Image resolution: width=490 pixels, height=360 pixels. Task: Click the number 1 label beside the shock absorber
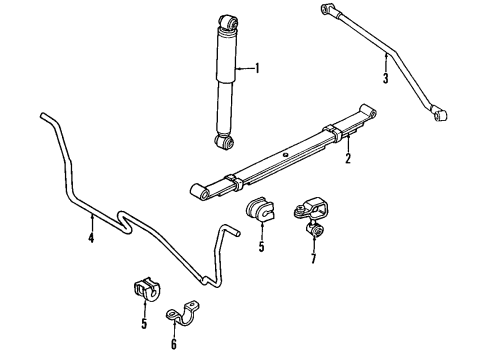coord(257,69)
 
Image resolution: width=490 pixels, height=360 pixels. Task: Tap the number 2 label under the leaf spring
coord(347,158)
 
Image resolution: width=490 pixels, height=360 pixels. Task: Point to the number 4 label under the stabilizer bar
coord(90,237)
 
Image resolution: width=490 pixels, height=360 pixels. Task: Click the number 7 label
coord(312,260)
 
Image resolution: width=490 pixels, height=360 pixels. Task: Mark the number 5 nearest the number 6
coord(143,324)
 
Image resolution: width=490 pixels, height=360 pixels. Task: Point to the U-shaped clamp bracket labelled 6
coord(185,316)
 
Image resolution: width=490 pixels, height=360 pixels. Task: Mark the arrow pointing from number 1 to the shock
coord(244,69)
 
